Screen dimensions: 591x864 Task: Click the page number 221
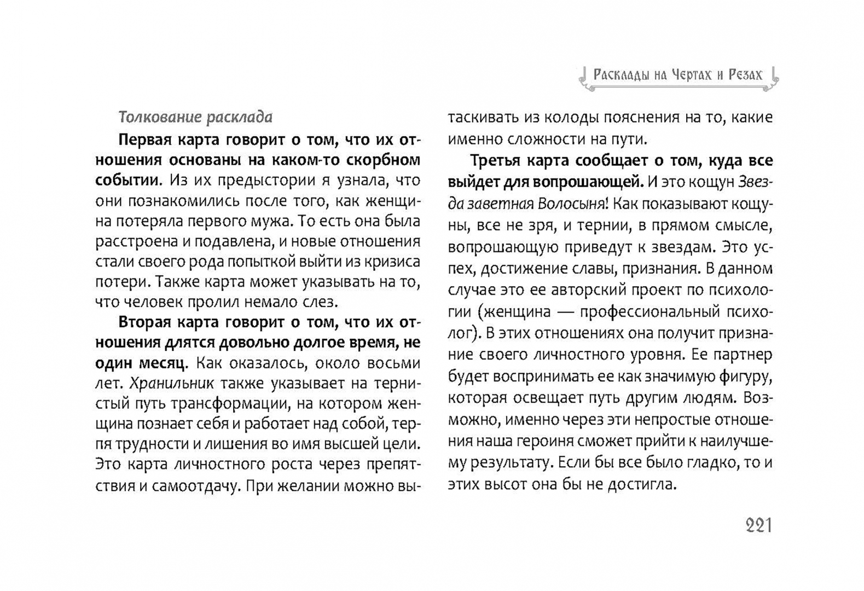tap(758, 526)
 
